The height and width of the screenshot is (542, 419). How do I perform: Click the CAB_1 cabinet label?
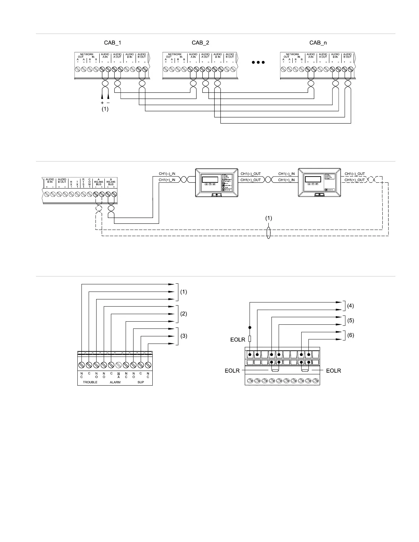(112, 43)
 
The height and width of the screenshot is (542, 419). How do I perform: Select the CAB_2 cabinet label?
(200, 43)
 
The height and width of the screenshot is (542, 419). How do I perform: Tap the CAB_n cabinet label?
(318, 43)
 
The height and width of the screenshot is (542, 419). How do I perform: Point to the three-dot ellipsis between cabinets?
(258, 63)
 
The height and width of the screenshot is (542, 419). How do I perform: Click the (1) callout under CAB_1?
(105, 109)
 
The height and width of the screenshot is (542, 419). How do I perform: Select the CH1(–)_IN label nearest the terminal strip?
(167, 174)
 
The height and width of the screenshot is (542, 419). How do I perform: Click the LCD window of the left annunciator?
(210, 179)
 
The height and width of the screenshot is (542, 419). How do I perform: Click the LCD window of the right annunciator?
(313, 179)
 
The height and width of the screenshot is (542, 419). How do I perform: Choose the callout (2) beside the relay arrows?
(183, 314)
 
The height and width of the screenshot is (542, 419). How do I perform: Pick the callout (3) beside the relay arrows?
(183, 336)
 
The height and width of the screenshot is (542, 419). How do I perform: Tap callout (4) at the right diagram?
(350, 306)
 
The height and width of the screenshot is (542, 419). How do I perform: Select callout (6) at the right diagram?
(350, 336)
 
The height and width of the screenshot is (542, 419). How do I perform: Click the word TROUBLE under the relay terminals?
(90, 382)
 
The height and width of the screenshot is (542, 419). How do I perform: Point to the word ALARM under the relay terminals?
(115, 382)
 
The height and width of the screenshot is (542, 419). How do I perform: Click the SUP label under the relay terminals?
(141, 382)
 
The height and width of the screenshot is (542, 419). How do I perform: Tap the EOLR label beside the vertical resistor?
(238, 340)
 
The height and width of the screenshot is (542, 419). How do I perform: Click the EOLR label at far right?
(333, 370)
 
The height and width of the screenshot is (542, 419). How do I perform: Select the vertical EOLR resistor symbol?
(250, 339)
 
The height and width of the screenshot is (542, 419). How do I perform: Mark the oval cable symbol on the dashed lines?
(268, 233)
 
